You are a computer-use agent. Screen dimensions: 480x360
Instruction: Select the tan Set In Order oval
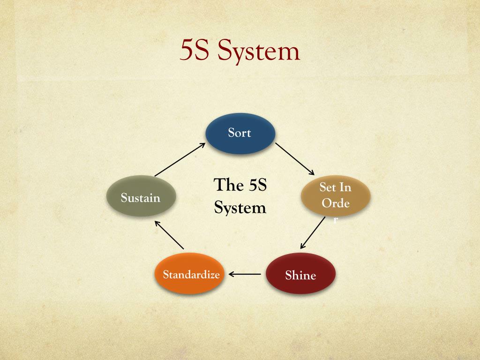336,195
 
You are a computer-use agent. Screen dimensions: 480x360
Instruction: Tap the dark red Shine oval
300,273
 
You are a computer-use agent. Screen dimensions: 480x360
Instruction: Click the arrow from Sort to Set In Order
294,159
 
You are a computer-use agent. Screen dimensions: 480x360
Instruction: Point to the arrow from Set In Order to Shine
313,232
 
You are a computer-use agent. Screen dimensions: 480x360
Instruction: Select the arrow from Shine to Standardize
245,274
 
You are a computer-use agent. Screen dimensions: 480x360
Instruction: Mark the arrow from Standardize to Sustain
169,234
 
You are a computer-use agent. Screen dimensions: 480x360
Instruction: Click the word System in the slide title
258,51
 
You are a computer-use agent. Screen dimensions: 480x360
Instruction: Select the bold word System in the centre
240,207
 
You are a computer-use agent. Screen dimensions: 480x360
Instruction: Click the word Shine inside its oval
300,275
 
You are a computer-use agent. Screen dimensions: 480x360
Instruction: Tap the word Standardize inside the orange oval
191,274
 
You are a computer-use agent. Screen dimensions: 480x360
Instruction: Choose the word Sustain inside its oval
141,198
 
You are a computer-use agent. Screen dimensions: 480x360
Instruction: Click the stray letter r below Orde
336,220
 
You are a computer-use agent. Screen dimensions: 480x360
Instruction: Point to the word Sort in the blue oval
240,133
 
